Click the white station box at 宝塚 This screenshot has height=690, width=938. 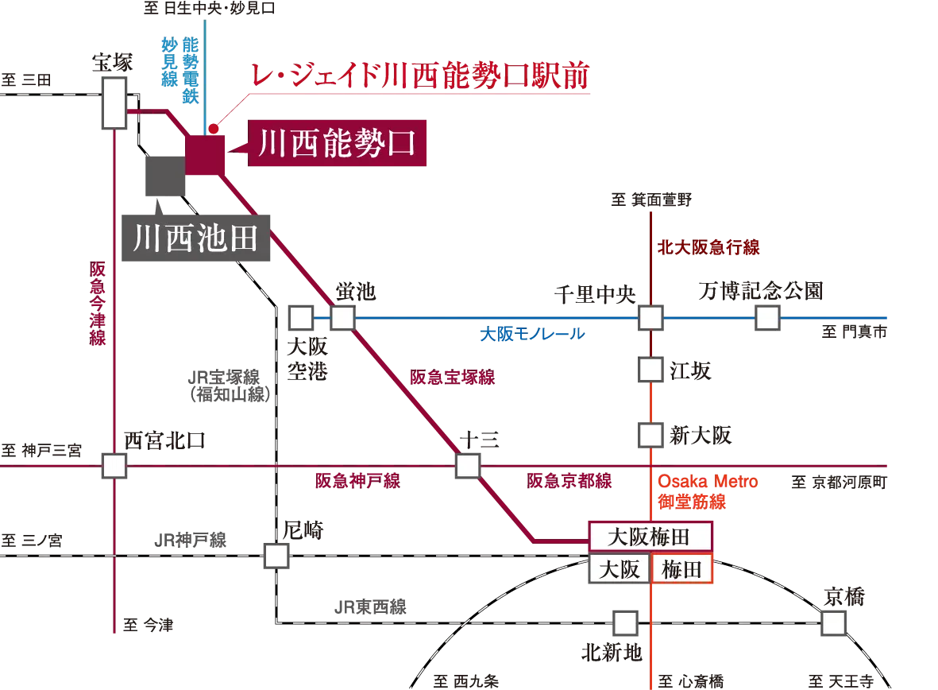(x=114, y=103)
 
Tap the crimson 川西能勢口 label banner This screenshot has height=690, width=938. (x=337, y=143)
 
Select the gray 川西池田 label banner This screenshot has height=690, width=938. (x=195, y=238)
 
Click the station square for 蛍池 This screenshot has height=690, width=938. (x=343, y=317)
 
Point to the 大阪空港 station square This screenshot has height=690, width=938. (x=301, y=317)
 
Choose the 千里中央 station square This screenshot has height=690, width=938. (x=650, y=317)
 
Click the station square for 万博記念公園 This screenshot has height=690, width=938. (x=767, y=317)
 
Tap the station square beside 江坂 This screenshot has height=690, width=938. (x=650, y=370)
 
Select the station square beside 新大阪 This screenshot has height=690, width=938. (x=650, y=436)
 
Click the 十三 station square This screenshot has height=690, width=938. (x=468, y=466)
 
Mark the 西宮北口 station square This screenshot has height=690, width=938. (x=114, y=466)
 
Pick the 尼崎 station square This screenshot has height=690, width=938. (x=276, y=556)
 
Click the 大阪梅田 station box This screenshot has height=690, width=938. (x=650, y=537)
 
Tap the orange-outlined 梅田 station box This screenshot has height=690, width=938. (x=682, y=569)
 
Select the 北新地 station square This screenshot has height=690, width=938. (x=626, y=623)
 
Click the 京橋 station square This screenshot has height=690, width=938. (x=833, y=623)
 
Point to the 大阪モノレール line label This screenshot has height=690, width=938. (x=532, y=334)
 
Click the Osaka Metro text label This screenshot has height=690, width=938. (x=708, y=482)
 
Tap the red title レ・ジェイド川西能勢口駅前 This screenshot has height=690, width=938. (x=420, y=76)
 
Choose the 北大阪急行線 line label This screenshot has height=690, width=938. (x=709, y=247)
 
